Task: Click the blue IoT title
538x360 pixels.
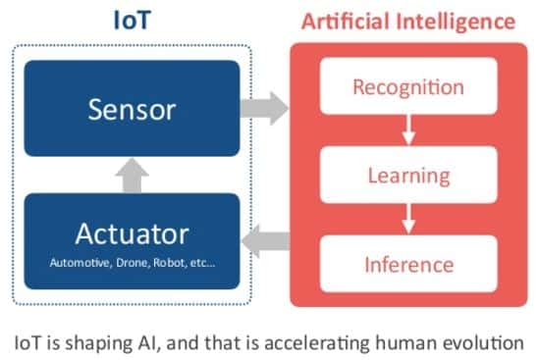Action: (133, 20)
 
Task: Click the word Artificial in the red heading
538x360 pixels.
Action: (347, 22)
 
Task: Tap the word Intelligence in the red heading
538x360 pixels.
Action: (456, 23)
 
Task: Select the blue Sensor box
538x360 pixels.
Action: (133, 108)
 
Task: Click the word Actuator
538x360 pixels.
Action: (133, 233)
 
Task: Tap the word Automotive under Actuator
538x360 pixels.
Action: (80, 263)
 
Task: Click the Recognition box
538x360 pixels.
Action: (408, 86)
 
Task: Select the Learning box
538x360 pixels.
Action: (408, 175)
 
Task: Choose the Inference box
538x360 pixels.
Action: (408, 264)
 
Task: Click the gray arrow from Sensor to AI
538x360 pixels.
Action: (264, 108)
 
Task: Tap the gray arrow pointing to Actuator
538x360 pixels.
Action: (266, 241)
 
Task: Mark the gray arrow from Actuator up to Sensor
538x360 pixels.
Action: (133, 176)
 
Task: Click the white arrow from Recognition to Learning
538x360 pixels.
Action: (408, 130)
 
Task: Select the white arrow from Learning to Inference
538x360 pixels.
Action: (408, 220)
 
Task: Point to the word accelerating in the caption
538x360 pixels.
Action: (317, 343)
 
